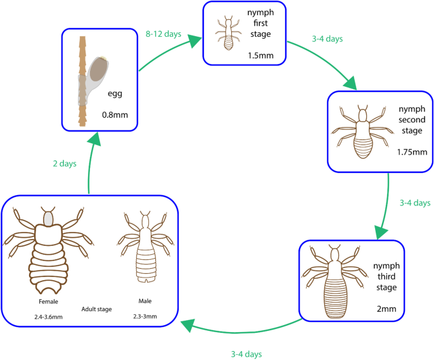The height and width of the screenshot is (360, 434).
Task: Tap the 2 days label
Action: point(64,164)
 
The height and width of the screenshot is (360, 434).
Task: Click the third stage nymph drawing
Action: point(335,277)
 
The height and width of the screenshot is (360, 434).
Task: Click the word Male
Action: point(144,301)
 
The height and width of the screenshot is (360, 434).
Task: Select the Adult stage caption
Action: point(96,309)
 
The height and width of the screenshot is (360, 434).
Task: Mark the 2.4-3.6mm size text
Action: point(48,315)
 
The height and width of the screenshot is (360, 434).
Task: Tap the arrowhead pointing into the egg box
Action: point(94,139)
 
